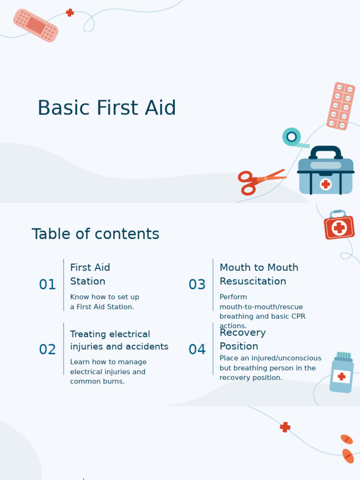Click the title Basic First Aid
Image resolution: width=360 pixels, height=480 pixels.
[106, 108]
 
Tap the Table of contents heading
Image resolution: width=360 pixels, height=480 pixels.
[95, 234]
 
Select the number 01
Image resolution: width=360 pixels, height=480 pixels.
[47, 285]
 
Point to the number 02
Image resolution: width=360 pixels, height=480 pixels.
[47, 349]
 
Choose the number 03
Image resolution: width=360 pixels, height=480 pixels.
[197, 285]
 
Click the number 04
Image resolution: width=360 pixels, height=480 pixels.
[197, 349]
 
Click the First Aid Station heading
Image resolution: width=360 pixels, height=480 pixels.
[90, 274]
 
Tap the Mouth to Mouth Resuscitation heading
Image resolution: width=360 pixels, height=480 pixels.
[259, 274]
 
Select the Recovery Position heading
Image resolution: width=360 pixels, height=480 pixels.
[242, 339]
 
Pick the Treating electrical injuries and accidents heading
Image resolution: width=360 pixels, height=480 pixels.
[119, 340]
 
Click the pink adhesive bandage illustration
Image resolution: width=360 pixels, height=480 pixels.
[36, 25]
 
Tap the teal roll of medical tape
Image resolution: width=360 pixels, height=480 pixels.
[292, 137]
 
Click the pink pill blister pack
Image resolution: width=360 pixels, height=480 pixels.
[341, 106]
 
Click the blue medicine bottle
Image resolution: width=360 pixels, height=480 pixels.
[342, 374]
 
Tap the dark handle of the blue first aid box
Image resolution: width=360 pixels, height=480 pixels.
[326, 151]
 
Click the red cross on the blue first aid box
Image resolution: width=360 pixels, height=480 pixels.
[326, 184]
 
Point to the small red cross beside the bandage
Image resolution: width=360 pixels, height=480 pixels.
[70, 13]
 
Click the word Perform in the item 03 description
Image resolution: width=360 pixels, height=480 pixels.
[233, 297]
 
